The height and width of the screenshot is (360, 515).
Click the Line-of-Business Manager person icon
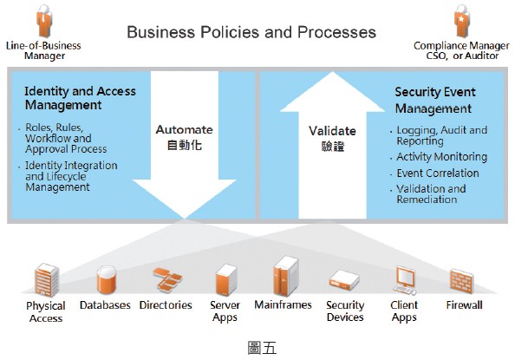click(x=43, y=21)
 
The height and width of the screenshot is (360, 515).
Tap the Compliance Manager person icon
click(x=462, y=21)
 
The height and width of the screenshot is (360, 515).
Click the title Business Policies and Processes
click(x=251, y=32)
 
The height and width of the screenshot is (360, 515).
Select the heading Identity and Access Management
click(x=80, y=98)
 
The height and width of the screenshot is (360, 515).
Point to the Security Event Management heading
click(x=435, y=100)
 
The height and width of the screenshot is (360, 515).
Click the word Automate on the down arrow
click(x=185, y=129)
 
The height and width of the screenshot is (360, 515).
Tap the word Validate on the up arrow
click(x=332, y=131)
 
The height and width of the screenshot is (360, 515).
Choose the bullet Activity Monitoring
click(x=442, y=157)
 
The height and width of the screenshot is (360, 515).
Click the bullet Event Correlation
click(x=438, y=173)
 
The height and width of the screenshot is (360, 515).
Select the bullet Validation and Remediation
click(x=431, y=194)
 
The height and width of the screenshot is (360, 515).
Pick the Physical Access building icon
click(x=46, y=280)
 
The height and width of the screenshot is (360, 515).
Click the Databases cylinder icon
click(x=106, y=280)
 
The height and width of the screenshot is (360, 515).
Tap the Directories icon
click(x=166, y=279)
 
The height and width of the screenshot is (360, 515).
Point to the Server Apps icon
click(x=225, y=280)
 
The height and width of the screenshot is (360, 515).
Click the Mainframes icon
click(x=286, y=276)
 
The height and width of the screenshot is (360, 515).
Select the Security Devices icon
click(x=344, y=280)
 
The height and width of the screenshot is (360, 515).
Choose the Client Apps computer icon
click(x=406, y=280)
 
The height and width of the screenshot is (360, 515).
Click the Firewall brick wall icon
click(x=462, y=281)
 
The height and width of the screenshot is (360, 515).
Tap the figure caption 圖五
click(x=262, y=348)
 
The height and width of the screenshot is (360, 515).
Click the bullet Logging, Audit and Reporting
click(x=442, y=135)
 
